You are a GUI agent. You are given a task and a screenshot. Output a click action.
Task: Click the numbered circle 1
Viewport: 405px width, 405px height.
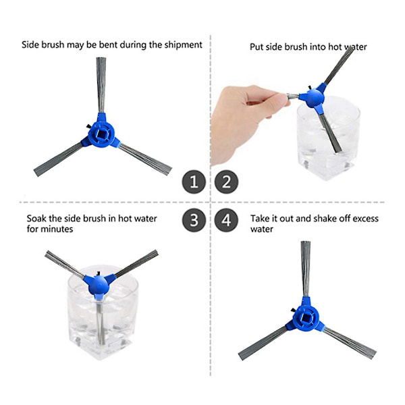pos(194,182)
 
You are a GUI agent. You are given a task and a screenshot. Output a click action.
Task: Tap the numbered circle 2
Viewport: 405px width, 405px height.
pos(226,182)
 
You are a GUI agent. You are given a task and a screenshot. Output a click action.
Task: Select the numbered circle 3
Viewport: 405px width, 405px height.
pos(194,220)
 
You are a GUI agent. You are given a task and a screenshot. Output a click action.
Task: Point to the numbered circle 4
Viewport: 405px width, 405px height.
pos(226,220)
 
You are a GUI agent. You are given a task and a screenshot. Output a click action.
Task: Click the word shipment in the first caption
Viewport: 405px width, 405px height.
pos(183,45)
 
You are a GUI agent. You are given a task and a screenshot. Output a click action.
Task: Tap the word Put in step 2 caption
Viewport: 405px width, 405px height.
pos(256,47)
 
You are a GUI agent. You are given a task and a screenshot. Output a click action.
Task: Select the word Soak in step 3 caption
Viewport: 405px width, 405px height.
pos(36,219)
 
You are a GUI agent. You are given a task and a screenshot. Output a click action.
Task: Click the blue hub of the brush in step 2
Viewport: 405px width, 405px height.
pos(315,97)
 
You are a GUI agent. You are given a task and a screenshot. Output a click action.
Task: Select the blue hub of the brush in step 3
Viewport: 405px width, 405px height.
pos(98,284)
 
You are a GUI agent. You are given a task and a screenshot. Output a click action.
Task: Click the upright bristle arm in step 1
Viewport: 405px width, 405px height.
pos(101,85)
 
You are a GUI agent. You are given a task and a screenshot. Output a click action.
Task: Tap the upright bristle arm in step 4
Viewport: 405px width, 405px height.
pos(306,269)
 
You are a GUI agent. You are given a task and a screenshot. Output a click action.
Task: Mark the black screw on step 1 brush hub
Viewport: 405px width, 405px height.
pos(88,126)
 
